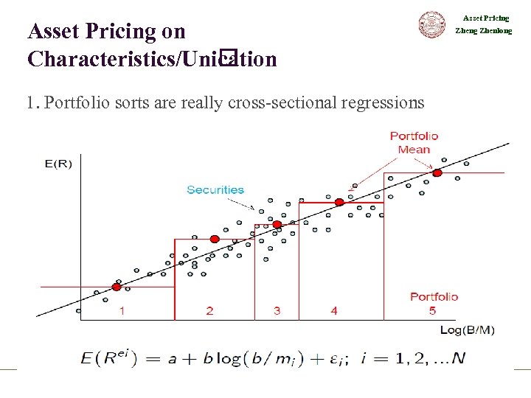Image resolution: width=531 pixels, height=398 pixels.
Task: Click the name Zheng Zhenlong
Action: pyautogui.click(x=483, y=31)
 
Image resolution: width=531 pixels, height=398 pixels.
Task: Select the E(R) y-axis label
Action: pyautogui.click(x=58, y=163)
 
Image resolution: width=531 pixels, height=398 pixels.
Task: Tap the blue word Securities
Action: pyautogui.click(x=215, y=189)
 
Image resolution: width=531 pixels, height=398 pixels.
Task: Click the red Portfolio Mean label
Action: pyautogui.click(x=414, y=142)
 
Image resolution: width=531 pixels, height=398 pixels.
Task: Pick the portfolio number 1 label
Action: pyautogui.click(x=122, y=311)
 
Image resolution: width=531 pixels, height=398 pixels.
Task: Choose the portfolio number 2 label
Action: pyautogui.click(x=210, y=311)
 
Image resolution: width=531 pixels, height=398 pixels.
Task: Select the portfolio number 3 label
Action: pyautogui.click(x=277, y=311)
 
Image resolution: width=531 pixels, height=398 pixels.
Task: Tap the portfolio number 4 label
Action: pyautogui.click(x=334, y=311)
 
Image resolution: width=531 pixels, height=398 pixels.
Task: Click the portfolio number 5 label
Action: pyautogui.click(x=433, y=310)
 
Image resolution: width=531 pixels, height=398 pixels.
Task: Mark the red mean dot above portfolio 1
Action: pyautogui.click(x=117, y=287)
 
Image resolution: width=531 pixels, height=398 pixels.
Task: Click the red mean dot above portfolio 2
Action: pyautogui.click(x=215, y=239)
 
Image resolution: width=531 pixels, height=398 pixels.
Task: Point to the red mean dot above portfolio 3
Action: pyautogui.click(x=277, y=225)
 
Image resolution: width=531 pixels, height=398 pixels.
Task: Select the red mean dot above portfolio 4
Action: pyautogui.click(x=339, y=202)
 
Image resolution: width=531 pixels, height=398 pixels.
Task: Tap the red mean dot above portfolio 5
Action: pyautogui.click(x=437, y=173)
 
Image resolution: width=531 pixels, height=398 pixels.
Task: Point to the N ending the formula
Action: pyautogui.click(x=459, y=359)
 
